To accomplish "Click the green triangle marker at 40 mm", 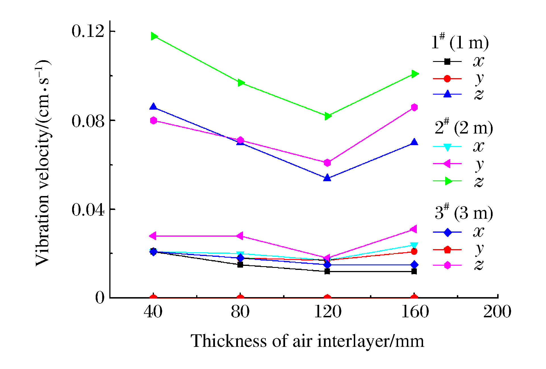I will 154,36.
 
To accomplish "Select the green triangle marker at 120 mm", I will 328,116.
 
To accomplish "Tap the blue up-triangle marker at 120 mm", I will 327,178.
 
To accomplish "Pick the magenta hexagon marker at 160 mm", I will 414,107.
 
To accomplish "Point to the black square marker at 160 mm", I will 414,272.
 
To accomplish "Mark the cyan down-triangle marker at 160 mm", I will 414,245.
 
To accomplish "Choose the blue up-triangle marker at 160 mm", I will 414,142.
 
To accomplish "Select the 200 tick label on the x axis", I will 497,312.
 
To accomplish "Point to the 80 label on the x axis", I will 240,312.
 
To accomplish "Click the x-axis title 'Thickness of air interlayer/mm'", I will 307,341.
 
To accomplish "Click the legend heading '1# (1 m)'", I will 460,43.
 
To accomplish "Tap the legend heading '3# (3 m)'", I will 464,213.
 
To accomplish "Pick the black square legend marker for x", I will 447,61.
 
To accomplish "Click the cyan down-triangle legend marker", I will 447,147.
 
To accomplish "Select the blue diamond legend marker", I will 447,232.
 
